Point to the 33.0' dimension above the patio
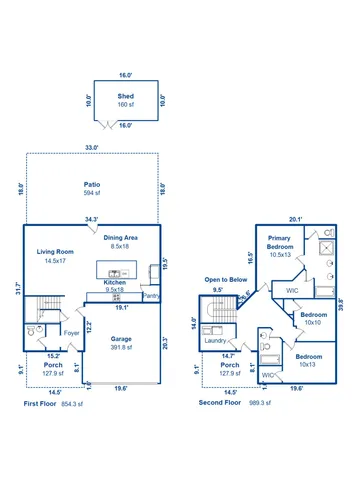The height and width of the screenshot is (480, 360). click(x=92, y=148)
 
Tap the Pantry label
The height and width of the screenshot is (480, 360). click(x=151, y=295)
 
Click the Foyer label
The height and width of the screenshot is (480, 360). click(x=72, y=333)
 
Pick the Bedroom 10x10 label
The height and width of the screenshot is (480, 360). click(x=311, y=319)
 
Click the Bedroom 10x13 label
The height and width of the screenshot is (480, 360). click(x=308, y=361)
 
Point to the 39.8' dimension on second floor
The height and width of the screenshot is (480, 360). click(x=341, y=304)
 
